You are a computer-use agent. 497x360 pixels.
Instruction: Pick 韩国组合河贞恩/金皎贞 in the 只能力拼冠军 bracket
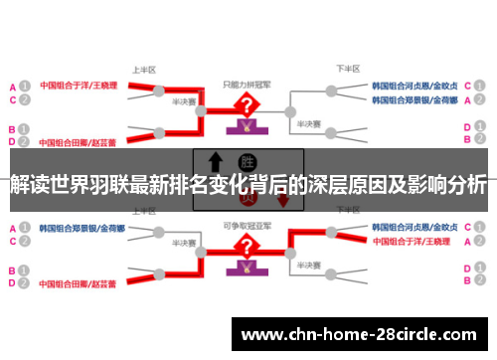[x=415, y=86]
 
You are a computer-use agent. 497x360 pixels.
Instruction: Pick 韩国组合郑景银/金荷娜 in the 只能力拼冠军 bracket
[x=415, y=99]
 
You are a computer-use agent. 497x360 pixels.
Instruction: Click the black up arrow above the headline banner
[x=213, y=161]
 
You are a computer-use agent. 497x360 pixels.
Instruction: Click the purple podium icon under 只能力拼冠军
[x=243, y=125]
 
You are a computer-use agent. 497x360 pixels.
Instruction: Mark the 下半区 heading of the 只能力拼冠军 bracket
[x=347, y=69]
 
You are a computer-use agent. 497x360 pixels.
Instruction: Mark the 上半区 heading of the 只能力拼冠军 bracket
[x=143, y=71]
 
